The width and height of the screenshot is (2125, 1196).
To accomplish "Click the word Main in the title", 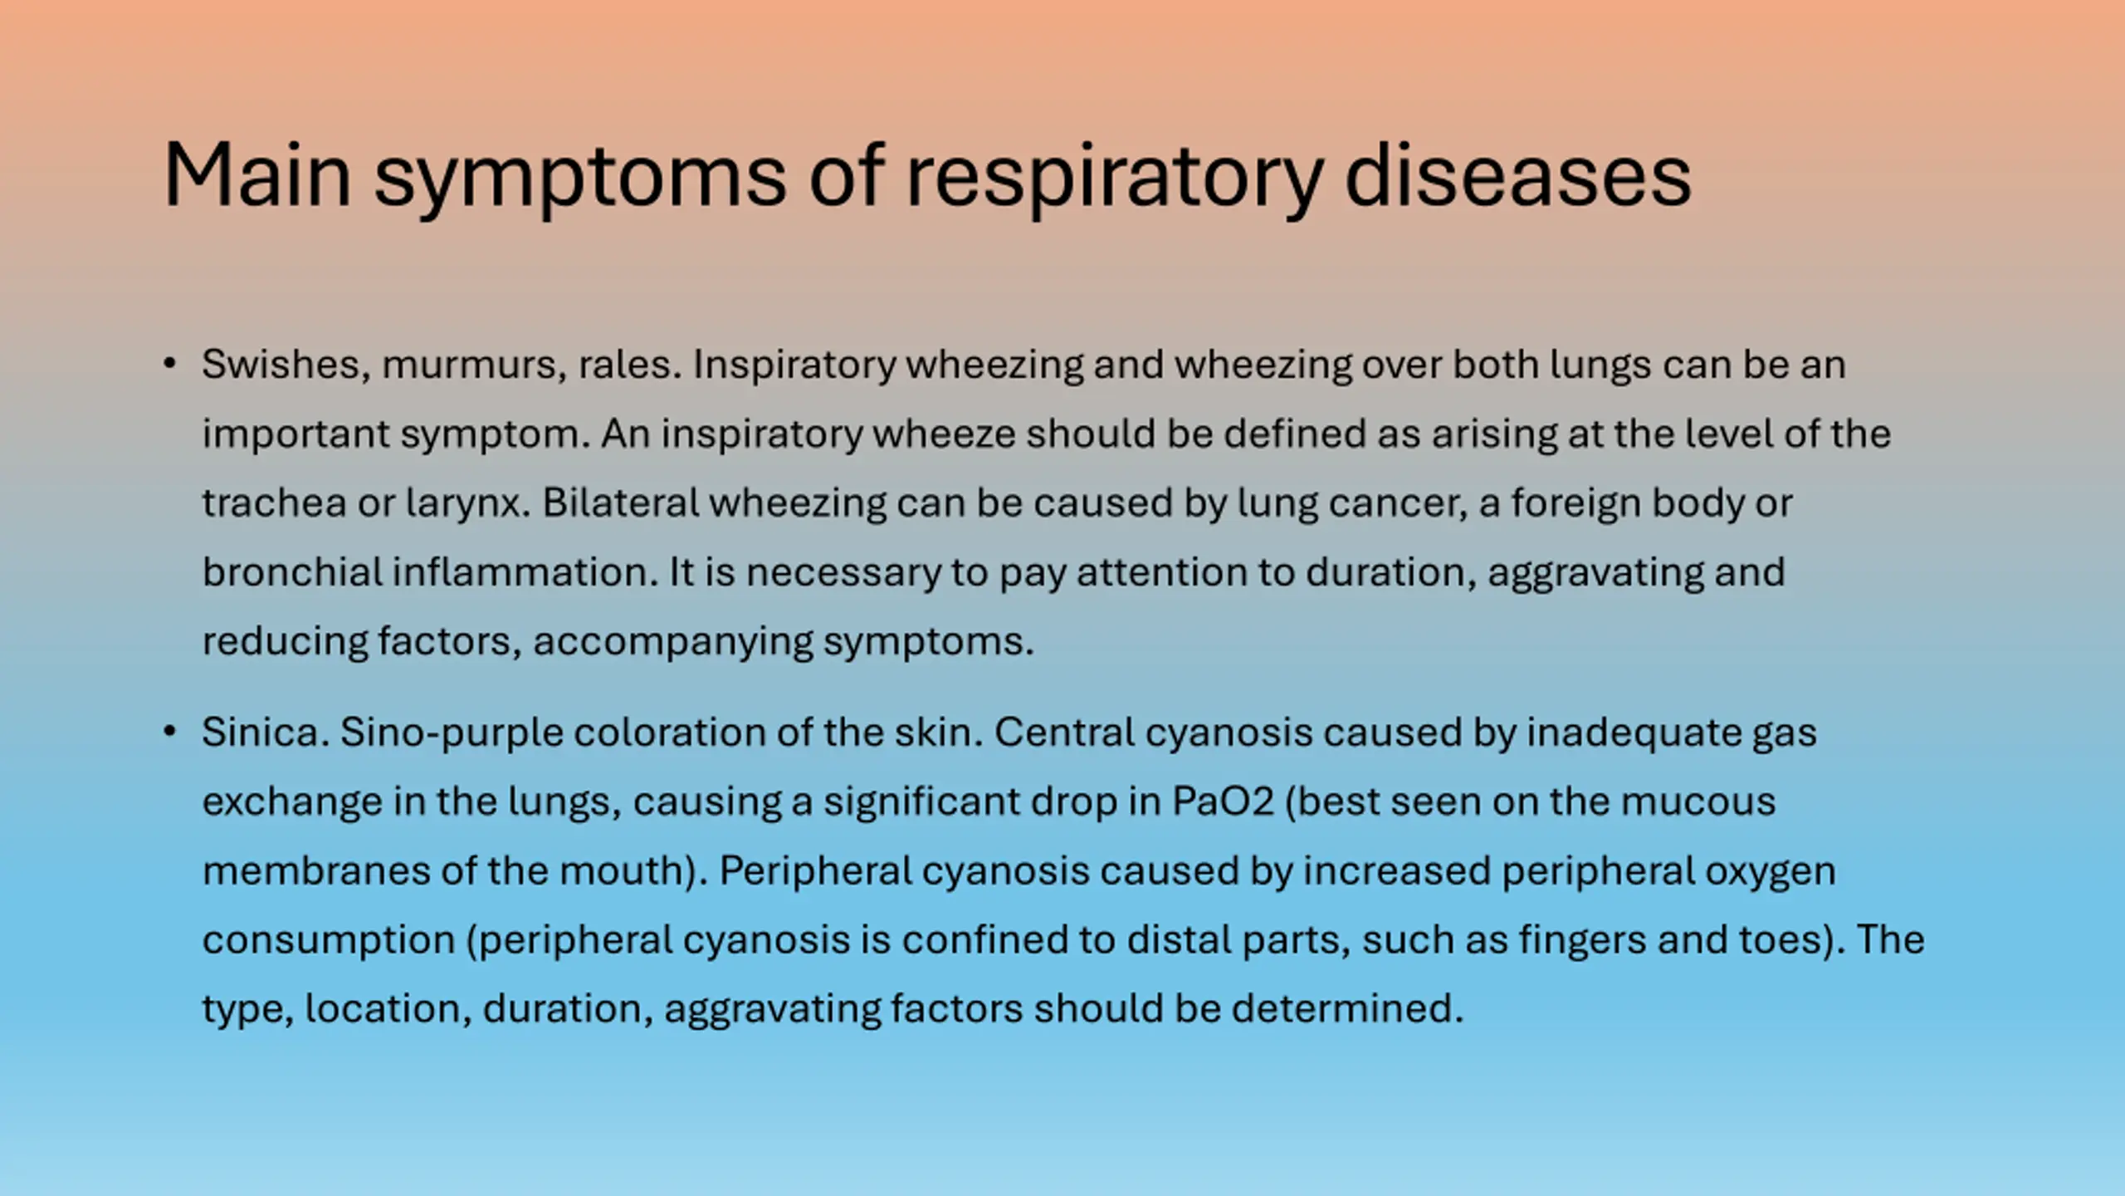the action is tap(257, 175).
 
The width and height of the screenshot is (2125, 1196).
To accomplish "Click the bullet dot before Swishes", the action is tap(170, 364).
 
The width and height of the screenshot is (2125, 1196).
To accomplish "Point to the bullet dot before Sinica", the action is tap(170, 732).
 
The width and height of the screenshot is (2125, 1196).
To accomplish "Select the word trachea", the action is tap(274, 503).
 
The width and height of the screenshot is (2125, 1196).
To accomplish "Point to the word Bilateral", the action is tap(621, 502).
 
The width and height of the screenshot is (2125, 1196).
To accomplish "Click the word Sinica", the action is tap(266, 732).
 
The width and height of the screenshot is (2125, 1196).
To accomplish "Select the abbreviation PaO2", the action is tap(1223, 801).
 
